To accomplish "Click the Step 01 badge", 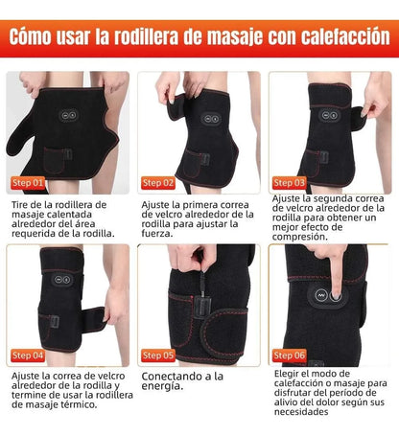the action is [x=28, y=183].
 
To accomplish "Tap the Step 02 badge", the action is [x=158, y=183].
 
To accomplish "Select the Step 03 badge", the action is [x=290, y=183].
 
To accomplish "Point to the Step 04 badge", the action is [x=28, y=356].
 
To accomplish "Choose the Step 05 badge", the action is [x=158, y=356].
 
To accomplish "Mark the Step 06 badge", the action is [x=290, y=356].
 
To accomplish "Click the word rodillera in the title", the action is [x=146, y=36].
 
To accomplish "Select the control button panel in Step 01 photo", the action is [x=69, y=115].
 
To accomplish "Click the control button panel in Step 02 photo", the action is [x=211, y=119].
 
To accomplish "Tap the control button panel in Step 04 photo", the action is [x=62, y=280].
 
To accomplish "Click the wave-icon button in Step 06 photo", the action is [x=320, y=296].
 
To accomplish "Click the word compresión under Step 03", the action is [x=295, y=237].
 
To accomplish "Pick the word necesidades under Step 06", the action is [x=301, y=412].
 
